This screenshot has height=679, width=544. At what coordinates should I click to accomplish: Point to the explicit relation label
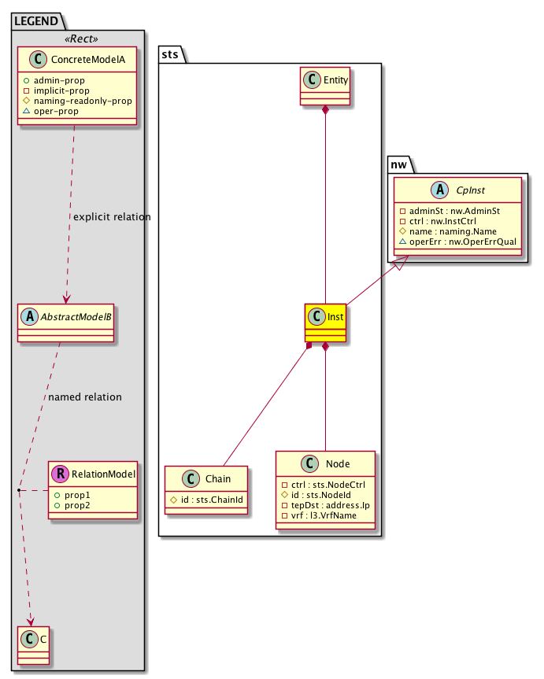coord(111,216)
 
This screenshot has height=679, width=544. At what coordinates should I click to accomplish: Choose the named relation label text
coord(85,397)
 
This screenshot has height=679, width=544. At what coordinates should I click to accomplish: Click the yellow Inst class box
coord(326,323)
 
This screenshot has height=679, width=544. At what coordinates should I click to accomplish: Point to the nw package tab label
coord(399,164)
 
